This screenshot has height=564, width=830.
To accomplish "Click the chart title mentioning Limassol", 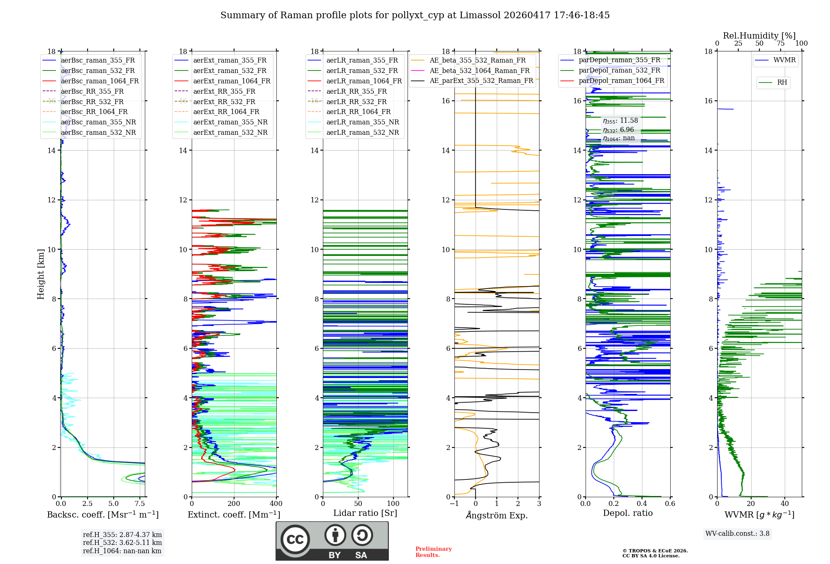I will (x=415, y=15).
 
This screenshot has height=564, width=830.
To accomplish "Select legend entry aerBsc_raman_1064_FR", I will (x=100, y=81).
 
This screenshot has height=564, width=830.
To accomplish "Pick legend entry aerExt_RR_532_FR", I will (x=224, y=102).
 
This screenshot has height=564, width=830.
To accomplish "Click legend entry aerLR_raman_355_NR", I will (x=362, y=122).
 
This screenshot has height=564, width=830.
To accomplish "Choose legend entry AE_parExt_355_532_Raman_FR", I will (x=481, y=80).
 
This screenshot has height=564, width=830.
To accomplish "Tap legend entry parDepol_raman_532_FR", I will (x=619, y=70).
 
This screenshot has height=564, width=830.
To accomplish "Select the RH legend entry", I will (x=782, y=83).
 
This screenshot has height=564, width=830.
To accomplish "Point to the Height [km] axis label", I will (x=41, y=274).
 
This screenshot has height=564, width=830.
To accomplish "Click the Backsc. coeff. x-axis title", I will (x=103, y=515).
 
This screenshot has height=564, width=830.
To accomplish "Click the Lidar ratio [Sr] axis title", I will (x=365, y=513).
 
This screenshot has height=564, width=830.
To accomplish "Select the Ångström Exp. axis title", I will (x=497, y=515).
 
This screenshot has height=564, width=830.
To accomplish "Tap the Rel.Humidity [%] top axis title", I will (x=759, y=36).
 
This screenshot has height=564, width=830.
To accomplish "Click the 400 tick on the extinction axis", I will (x=276, y=504).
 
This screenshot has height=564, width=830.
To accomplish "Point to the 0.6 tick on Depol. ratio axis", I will (x=670, y=504).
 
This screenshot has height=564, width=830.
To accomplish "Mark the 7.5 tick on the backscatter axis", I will (x=140, y=504).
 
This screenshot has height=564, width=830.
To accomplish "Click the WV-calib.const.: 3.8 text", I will (x=737, y=534).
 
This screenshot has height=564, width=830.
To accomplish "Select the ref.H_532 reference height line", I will (x=122, y=542).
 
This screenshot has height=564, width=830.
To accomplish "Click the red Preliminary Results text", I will (x=433, y=552).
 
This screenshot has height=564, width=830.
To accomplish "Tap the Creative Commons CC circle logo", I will (x=295, y=540).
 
